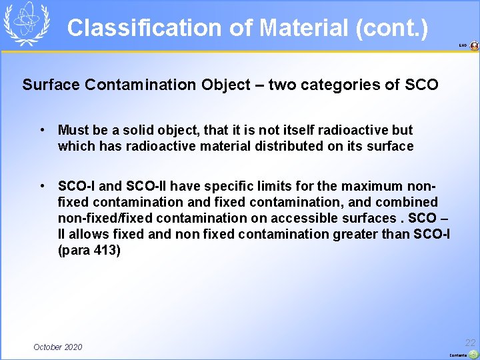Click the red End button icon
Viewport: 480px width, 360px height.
474,46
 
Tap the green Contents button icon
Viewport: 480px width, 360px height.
473,354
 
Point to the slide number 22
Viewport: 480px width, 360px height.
471,342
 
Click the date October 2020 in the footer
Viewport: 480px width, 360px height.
58,347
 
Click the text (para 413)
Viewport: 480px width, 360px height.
89,250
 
